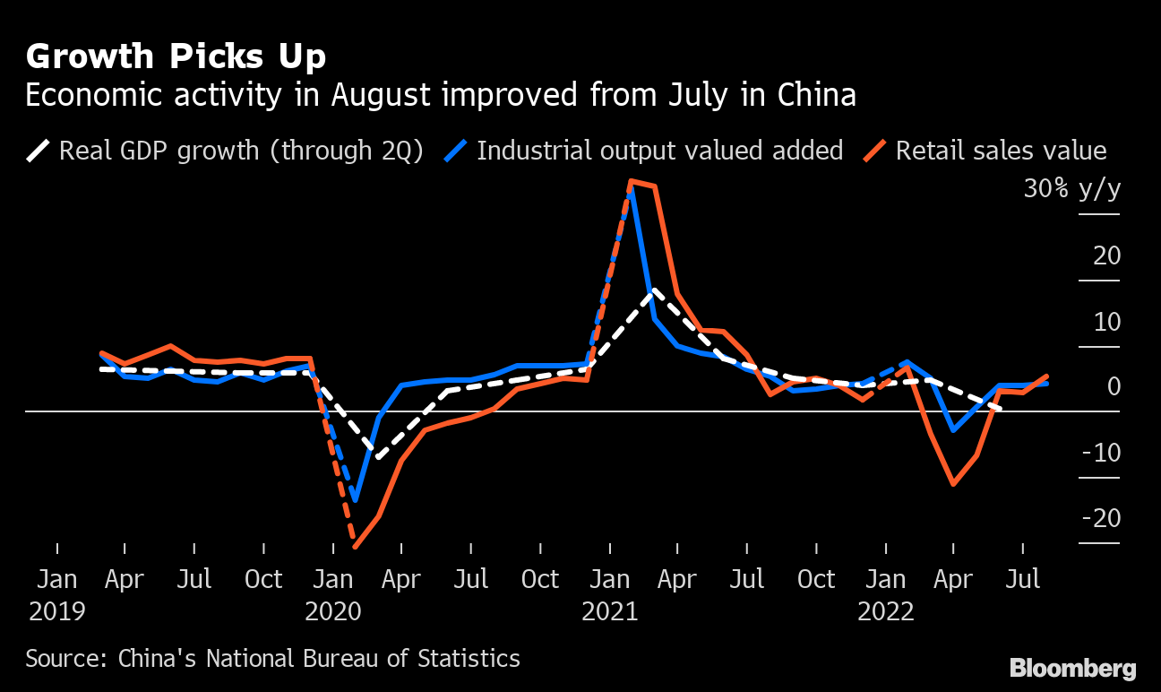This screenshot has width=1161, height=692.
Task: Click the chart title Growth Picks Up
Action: click(176, 57)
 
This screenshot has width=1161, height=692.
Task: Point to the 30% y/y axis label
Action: click(1072, 190)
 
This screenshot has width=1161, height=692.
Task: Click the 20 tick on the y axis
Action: click(1106, 256)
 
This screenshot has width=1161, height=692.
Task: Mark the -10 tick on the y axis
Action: click(1101, 454)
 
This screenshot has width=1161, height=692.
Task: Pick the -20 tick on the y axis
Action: click(1101, 519)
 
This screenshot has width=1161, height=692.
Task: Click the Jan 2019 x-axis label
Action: click(57, 595)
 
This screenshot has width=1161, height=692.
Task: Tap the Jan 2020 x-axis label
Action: click(333, 595)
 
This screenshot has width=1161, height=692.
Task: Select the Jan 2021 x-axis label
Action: click(610, 595)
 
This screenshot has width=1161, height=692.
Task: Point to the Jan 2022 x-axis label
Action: click(886, 595)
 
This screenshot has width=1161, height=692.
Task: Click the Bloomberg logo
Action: click(1072, 668)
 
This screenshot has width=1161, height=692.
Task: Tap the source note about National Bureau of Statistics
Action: click(272, 659)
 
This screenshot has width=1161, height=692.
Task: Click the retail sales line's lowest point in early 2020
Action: click(356, 546)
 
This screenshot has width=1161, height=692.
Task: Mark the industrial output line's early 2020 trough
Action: click(356, 499)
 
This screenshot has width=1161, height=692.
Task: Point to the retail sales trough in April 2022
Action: click(953, 484)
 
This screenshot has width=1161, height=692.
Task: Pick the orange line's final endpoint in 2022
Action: click(1046, 376)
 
